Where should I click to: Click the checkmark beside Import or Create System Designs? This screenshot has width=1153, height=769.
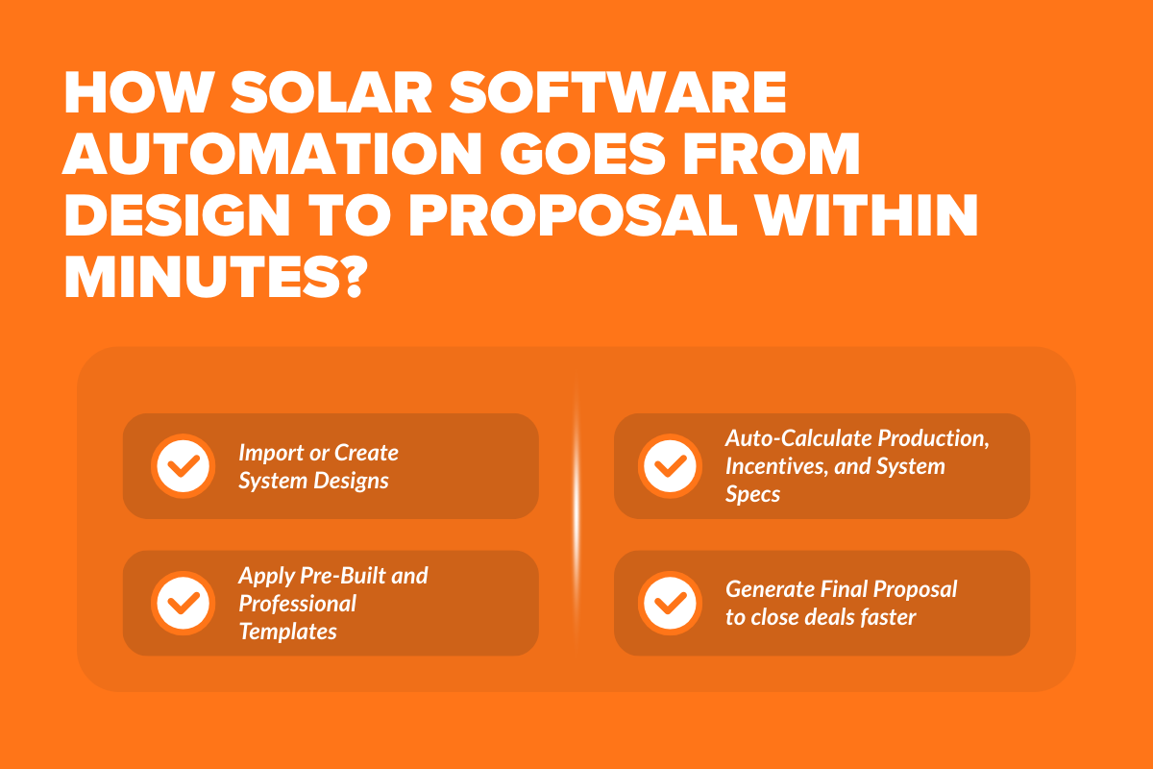[x=183, y=466]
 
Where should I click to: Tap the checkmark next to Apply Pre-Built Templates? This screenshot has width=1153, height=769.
[x=183, y=603]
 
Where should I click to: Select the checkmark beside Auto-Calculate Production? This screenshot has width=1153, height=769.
[x=670, y=466]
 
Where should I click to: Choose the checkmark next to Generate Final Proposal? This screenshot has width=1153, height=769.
[x=670, y=603]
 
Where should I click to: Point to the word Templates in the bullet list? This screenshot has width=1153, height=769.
[x=287, y=632]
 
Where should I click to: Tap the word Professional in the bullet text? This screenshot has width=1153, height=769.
[x=297, y=604]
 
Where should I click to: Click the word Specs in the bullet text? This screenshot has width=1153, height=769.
[x=753, y=495]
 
